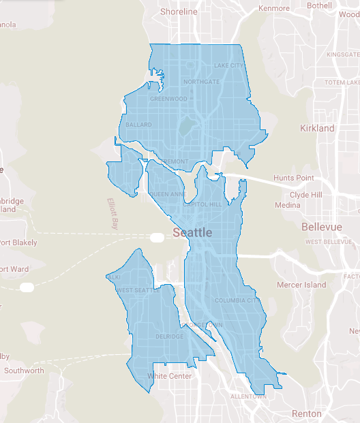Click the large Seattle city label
(x=192, y=232)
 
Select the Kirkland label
(x=317, y=128)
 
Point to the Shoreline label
(x=179, y=12)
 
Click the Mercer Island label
(x=301, y=285)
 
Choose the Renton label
(x=306, y=413)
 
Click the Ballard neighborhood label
(x=138, y=125)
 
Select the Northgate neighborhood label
(x=201, y=82)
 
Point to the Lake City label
(x=228, y=65)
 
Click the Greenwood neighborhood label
(x=168, y=99)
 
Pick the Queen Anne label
(x=167, y=194)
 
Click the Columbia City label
(x=236, y=300)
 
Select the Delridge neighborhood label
(x=169, y=336)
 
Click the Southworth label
(x=24, y=371)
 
